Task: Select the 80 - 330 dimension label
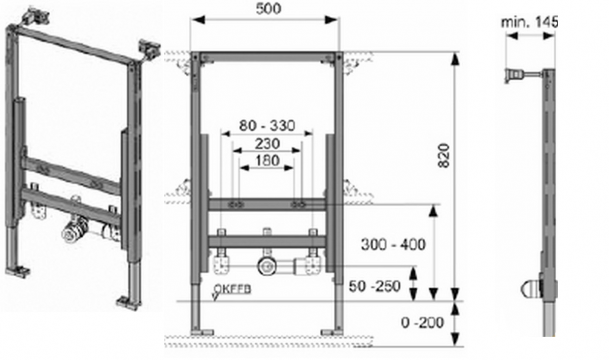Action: [267, 125]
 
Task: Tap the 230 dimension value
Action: [267, 144]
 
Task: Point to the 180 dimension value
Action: [267, 160]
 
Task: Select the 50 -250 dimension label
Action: [375, 286]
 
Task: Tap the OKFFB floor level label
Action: [232, 289]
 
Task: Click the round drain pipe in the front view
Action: [266, 266]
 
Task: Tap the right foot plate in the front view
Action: [331, 332]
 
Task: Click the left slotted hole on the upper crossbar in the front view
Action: [236, 205]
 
